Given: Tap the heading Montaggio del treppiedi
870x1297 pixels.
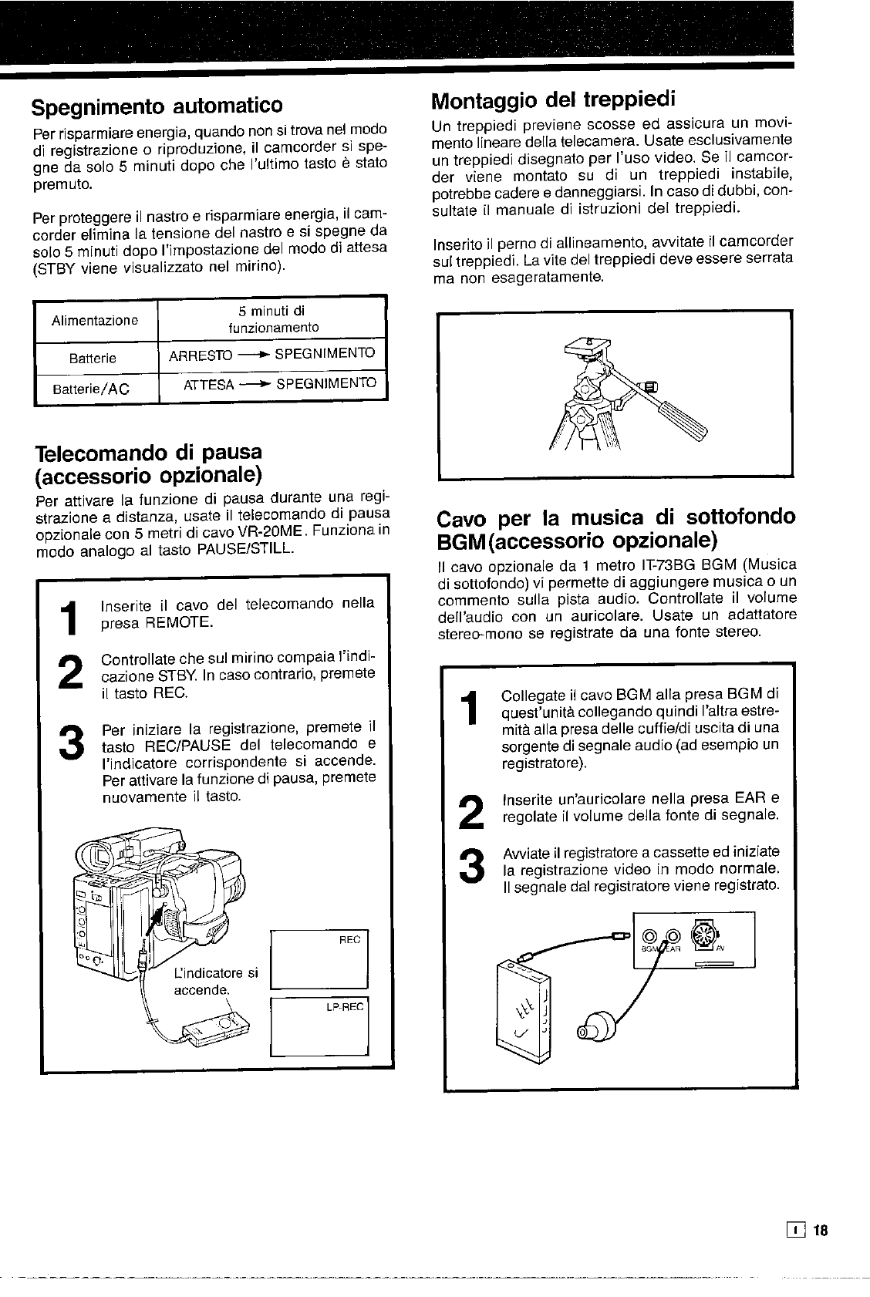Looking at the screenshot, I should [553, 99].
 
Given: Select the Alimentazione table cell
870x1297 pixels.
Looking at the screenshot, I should [95, 320].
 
